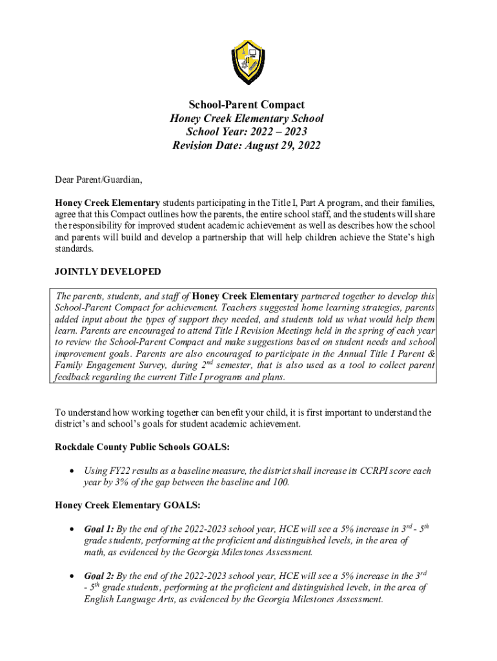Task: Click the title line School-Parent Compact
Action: point(247,105)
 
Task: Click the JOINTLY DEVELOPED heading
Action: point(108,272)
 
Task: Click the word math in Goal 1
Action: point(94,553)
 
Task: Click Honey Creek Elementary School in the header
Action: point(247,118)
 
